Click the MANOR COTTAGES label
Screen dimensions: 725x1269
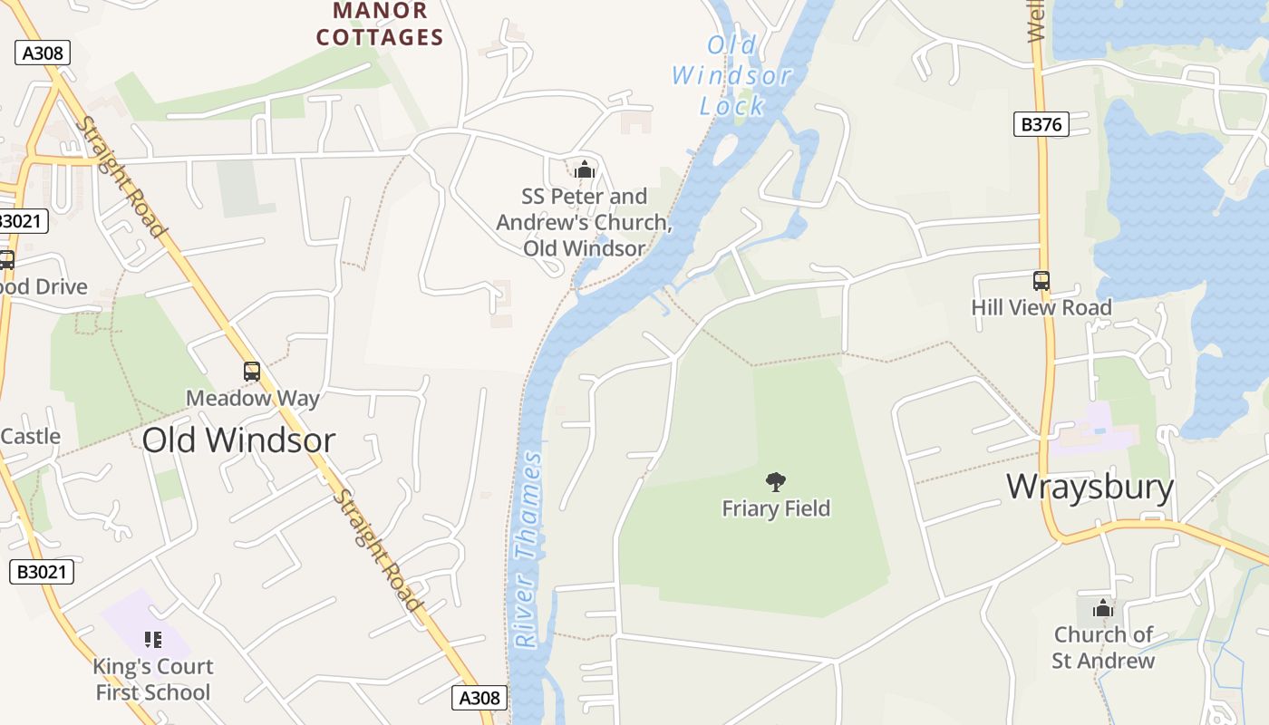380,24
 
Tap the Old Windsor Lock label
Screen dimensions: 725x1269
732,75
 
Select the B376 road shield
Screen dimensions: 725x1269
1041,124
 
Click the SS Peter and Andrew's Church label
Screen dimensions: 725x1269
585,222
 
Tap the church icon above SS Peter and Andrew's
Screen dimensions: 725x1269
585,169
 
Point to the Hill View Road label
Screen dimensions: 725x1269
1041,307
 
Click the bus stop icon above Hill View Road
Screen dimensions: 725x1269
1041,281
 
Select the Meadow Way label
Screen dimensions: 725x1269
252,398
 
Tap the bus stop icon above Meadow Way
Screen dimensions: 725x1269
252,371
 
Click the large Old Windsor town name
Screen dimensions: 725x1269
238,440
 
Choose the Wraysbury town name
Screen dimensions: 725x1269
1090,487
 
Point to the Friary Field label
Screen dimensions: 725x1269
776,508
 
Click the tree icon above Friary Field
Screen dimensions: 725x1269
775,481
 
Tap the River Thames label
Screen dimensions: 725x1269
528,550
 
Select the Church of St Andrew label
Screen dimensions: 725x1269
1103,647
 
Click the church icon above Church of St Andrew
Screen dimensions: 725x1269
1103,608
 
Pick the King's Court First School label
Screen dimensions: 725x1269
152,679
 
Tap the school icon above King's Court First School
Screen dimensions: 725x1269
152,640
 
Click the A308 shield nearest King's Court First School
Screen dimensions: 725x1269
479,697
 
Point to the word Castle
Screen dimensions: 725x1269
31,436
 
